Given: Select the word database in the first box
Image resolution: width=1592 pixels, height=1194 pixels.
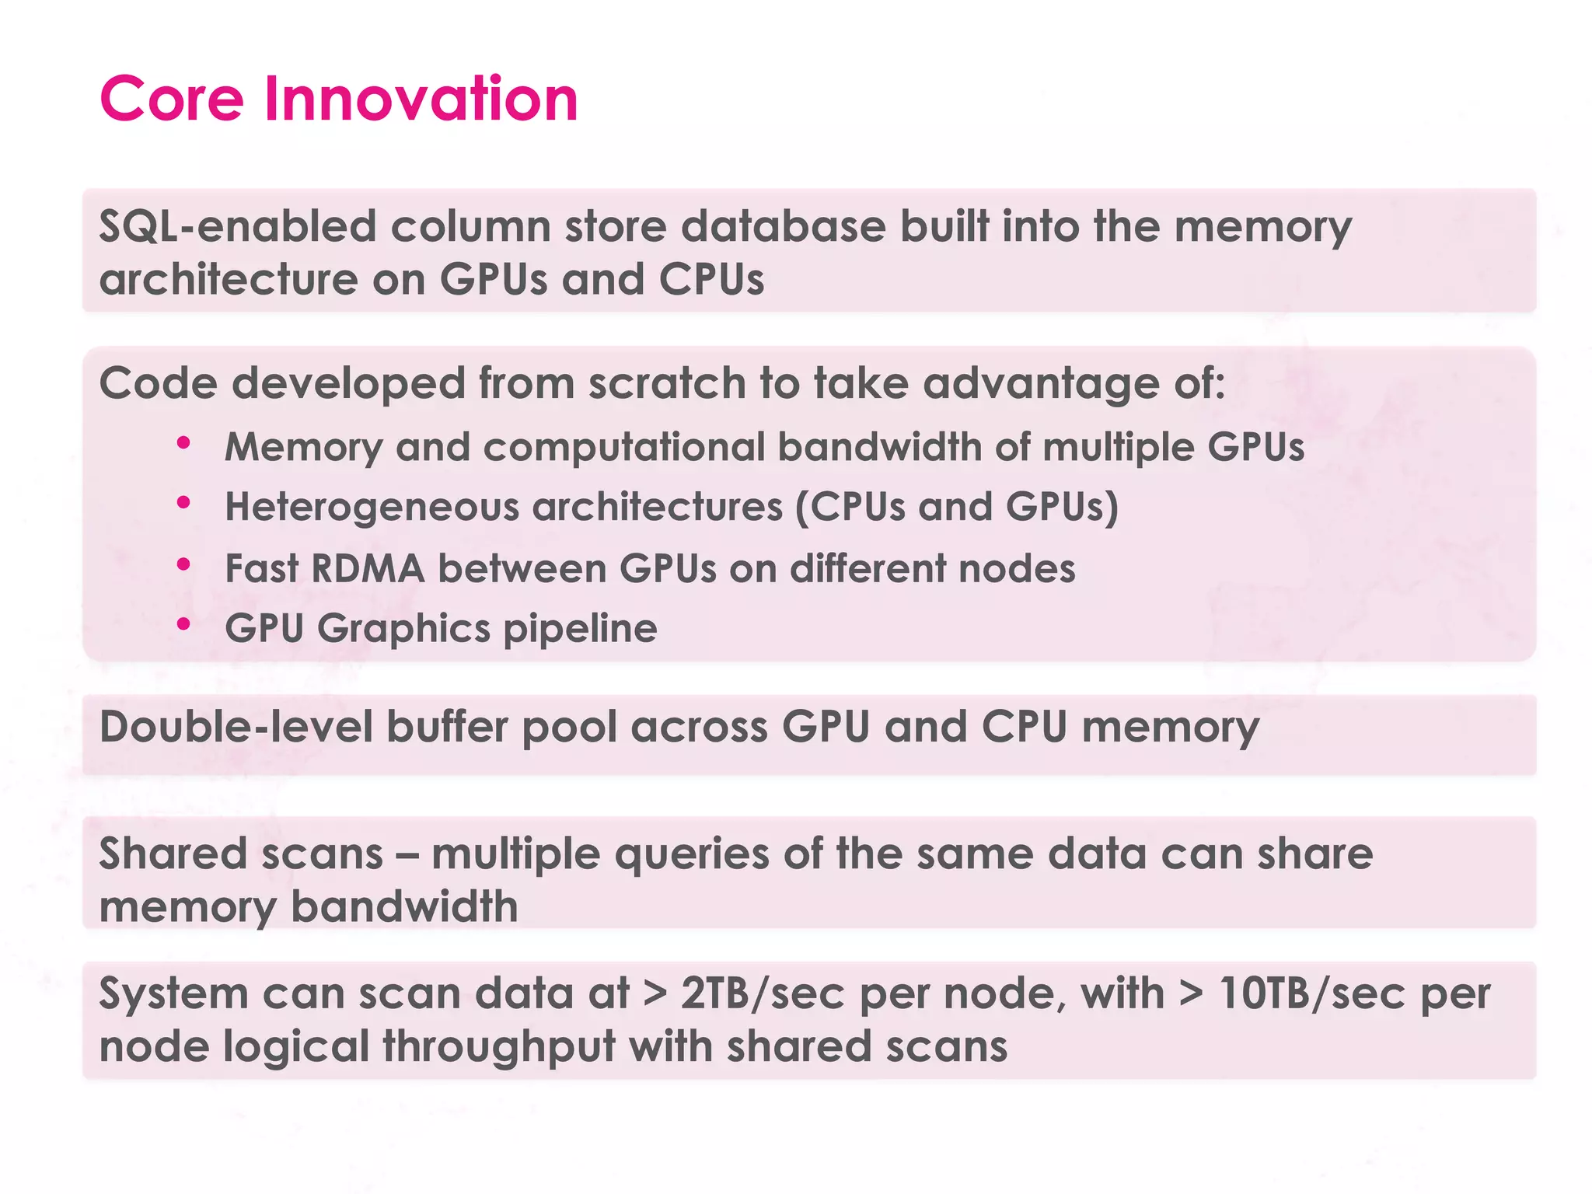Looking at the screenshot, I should [x=783, y=227].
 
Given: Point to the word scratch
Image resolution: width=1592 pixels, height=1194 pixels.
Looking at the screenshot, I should [x=666, y=384].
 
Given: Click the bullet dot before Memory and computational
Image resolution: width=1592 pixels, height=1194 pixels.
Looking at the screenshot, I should [x=183, y=443].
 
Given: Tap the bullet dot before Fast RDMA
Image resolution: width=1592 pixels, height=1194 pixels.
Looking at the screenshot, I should [x=183, y=564].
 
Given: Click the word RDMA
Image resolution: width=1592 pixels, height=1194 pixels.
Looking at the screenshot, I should [x=368, y=568].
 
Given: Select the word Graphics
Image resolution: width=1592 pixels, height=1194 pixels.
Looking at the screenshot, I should [x=403, y=628].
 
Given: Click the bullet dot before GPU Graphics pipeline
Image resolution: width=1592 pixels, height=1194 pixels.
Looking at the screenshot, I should [x=183, y=623].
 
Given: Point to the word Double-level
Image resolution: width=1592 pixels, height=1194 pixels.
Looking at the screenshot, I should [x=236, y=728].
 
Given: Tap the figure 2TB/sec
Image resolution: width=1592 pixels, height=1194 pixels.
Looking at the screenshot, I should [x=762, y=994].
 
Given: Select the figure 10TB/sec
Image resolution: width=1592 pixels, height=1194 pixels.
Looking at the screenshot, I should [x=1311, y=994].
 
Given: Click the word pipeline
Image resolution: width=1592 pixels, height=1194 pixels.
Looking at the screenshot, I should [x=580, y=630].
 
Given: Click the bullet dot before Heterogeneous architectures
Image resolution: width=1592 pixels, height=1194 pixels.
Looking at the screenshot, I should [x=183, y=503].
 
